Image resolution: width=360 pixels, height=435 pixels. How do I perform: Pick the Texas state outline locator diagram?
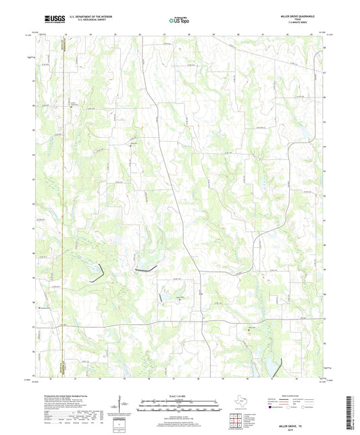click(240, 405)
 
